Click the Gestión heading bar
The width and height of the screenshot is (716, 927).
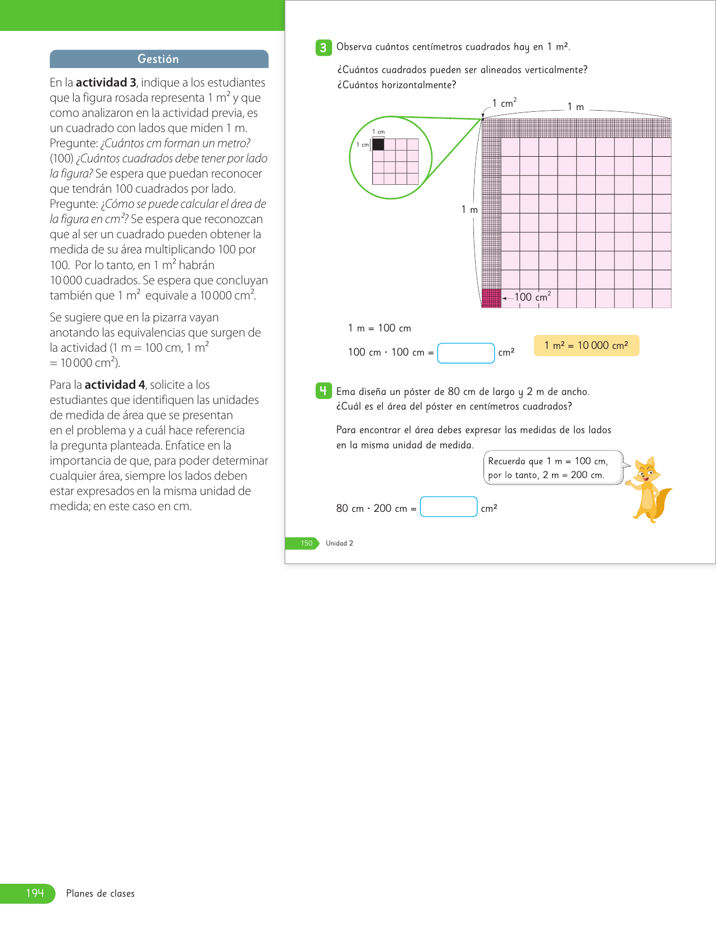pyautogui.click(x=159, y=59)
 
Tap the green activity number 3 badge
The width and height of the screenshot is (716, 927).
pyautogui.click(x=323, y=48)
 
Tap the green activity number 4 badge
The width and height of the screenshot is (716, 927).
pyautogui.click(x=323, y=390)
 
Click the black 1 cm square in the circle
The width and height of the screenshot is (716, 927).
pyautogui.click(x=378, y=144)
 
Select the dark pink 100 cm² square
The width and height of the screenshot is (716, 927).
pyautogui.click(x=491, y=298)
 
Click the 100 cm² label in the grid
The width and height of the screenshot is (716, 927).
pyautogui.click(x=532, y=297)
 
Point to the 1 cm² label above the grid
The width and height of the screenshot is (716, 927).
pyautogui.click(x=504, y=103)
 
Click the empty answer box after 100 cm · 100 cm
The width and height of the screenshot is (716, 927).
pyautogui.click(x=466, y=353)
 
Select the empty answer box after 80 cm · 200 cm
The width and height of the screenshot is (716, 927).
pyautogui.click(x=448, y=507)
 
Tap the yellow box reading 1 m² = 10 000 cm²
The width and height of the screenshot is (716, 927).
pyautogui.click(x=586, y=346)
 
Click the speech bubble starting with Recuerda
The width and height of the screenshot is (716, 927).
pyautogui.click(x=553, y=467)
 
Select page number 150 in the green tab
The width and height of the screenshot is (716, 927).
pyautogui.click(x=306, y=543)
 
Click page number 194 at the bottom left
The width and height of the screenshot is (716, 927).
pyautogui.click(x=35, y=893)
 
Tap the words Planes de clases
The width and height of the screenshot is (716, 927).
pyautogui.click(x=101, y=893)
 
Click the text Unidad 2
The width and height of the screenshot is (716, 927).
pyautogui.click(x=339, y=543)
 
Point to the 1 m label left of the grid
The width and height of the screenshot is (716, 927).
pyautogui.click(x=469, y=210)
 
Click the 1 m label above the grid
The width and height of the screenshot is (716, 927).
pyautogui.click(x=576, y=107)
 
